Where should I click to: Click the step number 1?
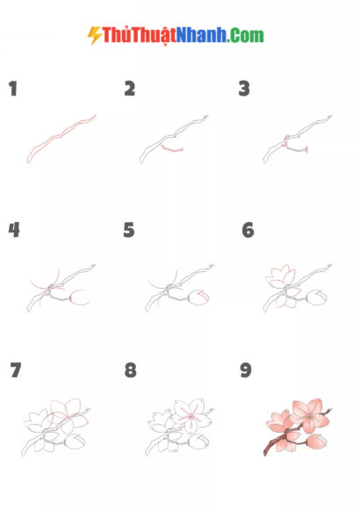(x=13, y=89)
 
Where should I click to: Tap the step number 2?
(x=130, y=89)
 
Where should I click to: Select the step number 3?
(x=244, y=89)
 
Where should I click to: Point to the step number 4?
(x=14, y=230)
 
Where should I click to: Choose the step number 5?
(x=129, y=230)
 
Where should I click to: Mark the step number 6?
(x=248, y=230)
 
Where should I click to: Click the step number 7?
(x=16, y=370)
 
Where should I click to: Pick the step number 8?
(x=130, y=370)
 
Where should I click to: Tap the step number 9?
(x=246, y=370)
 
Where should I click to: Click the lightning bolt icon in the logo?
(x=94, y=35)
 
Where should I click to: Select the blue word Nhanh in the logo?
(x=201, y=35)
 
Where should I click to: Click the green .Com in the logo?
(x=245, y=35)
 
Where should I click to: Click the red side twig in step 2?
(x=172, y=150)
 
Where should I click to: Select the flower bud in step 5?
(x=198, y=298)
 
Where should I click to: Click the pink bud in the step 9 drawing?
(x=316, y=441)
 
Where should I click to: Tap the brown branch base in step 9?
(x=270, y=448)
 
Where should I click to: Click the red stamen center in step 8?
(x=191, y=417)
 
